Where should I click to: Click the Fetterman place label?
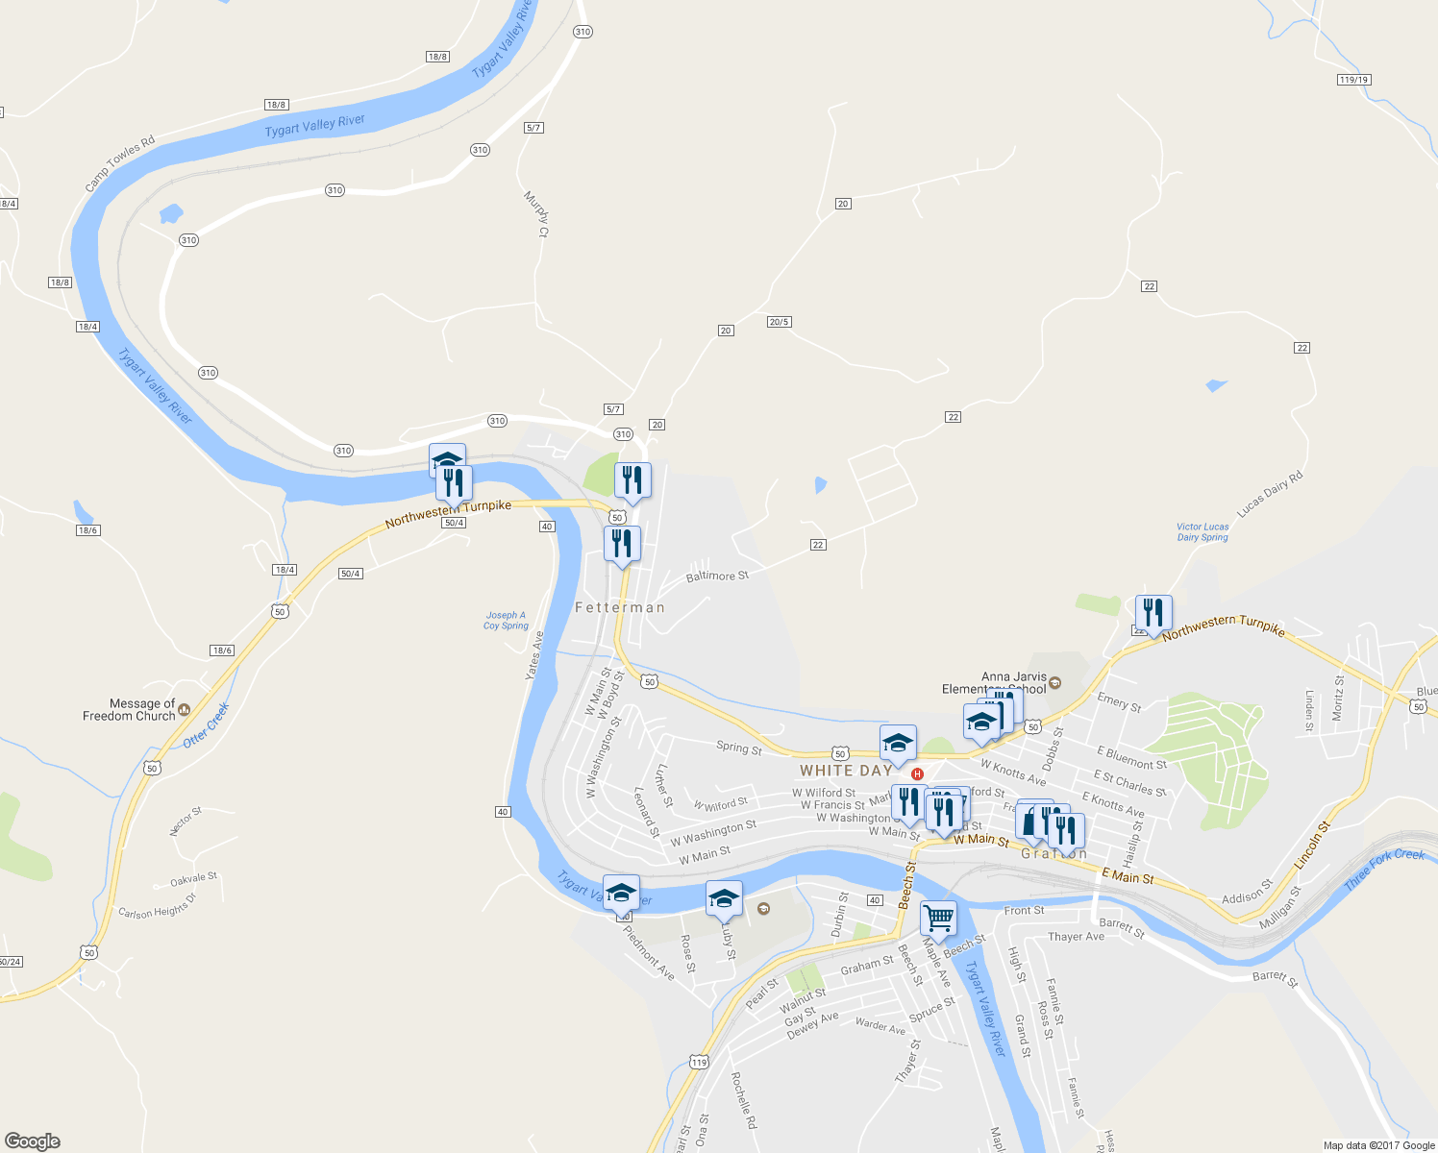pos(620,607)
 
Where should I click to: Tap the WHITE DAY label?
pos(846,771)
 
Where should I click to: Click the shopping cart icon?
pos(938,917)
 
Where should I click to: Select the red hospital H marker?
pos(917,774)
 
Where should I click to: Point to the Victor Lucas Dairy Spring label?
pos(1202,532)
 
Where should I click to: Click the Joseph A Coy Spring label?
pos(506,621)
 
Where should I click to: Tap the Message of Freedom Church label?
pos(130,710)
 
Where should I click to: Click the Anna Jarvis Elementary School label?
pos(995,683)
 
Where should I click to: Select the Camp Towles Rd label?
pos(120,164)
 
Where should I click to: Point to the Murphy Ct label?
pos(535,213)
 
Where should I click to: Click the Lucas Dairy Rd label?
pos(1270,495)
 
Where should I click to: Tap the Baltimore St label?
pos(717,576)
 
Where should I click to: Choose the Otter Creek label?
pos(207,725)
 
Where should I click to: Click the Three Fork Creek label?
pos(1384,870)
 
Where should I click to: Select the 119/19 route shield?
pos(1353,80)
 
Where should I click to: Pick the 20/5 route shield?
pos(779,322)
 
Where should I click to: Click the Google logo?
pos(33,1141)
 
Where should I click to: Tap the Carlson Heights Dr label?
pos(157,906)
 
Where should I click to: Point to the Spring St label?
pos(738,748)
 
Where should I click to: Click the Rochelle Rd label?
pos(744,1100)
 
